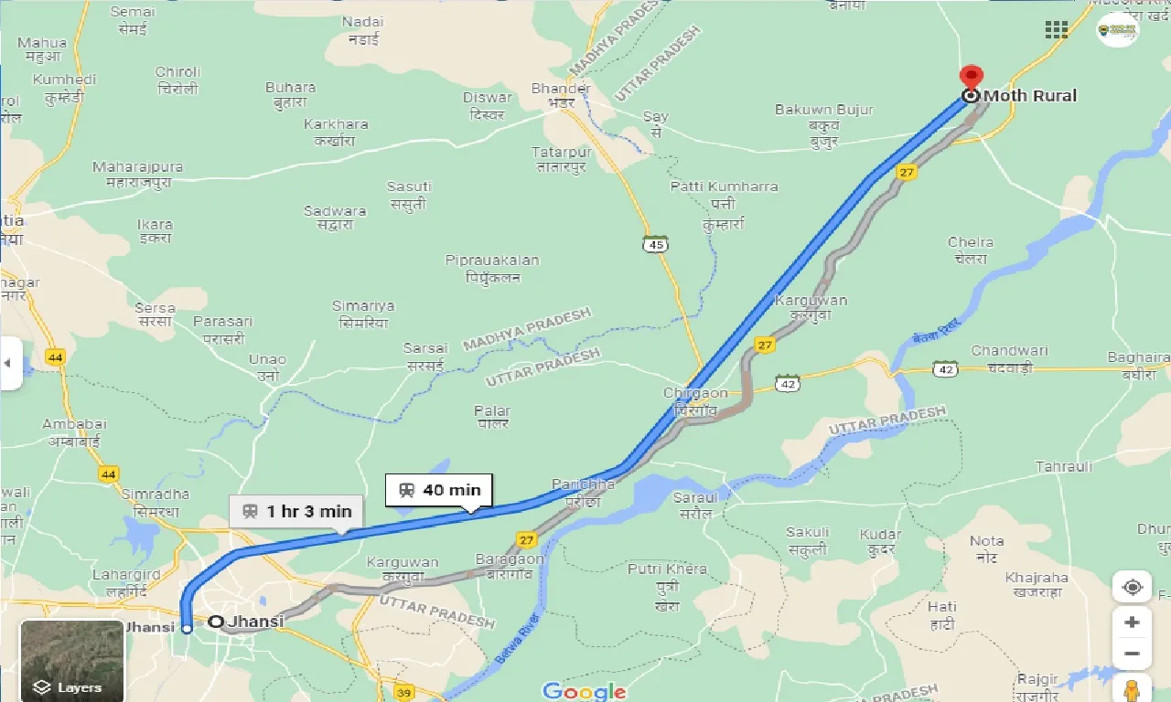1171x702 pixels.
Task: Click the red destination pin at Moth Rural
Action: pyautogui.click(x=970, y=78)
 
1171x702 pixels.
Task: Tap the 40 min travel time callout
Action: pyautogui.click(x=439, y=490)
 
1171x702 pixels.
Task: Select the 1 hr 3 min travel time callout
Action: pyautogui.click(x=295, y=511)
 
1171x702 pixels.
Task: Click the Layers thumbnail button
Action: pyautogui.click(x=71, y=661)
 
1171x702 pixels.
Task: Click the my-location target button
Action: pyautogui.click(x=1132, y=587)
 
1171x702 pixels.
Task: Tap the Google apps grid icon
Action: pyautogui.click(x=1057, y=29)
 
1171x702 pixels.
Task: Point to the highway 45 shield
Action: pyautogui.click(x=655, y=243)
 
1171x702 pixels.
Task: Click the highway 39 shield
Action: pyautogui.click(x=403, y=693)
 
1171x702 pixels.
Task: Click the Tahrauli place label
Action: pyautogui.click(x=1064, y=467)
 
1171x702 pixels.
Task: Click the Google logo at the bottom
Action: pyautogui.click(x=585, y=691)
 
